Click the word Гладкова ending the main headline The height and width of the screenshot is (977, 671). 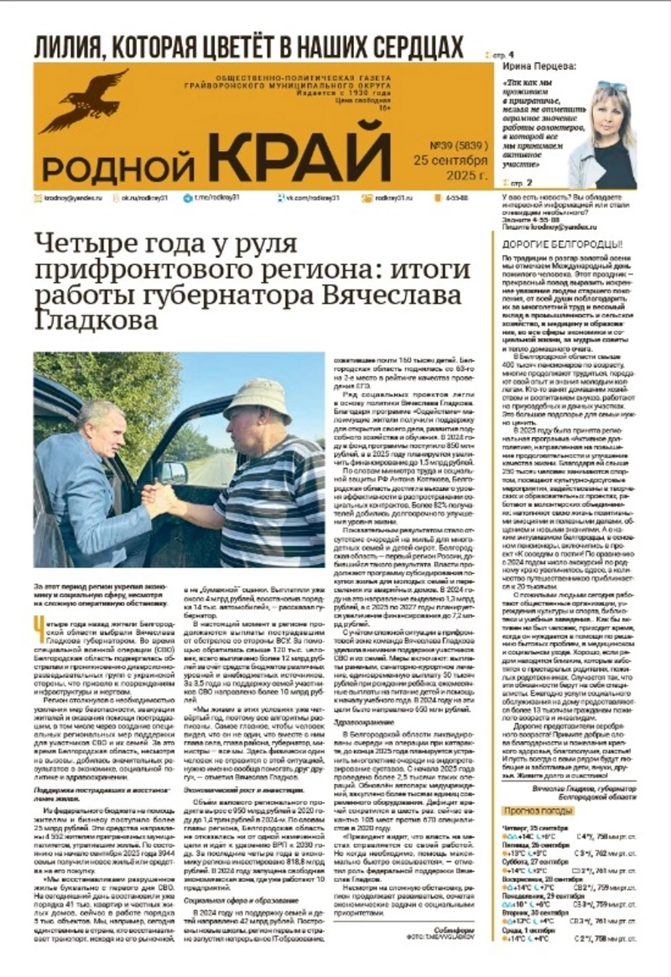(x=84, y=321)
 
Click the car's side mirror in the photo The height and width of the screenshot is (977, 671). (x=172, y=474)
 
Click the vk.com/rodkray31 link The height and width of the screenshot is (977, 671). (x=309, y=198)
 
